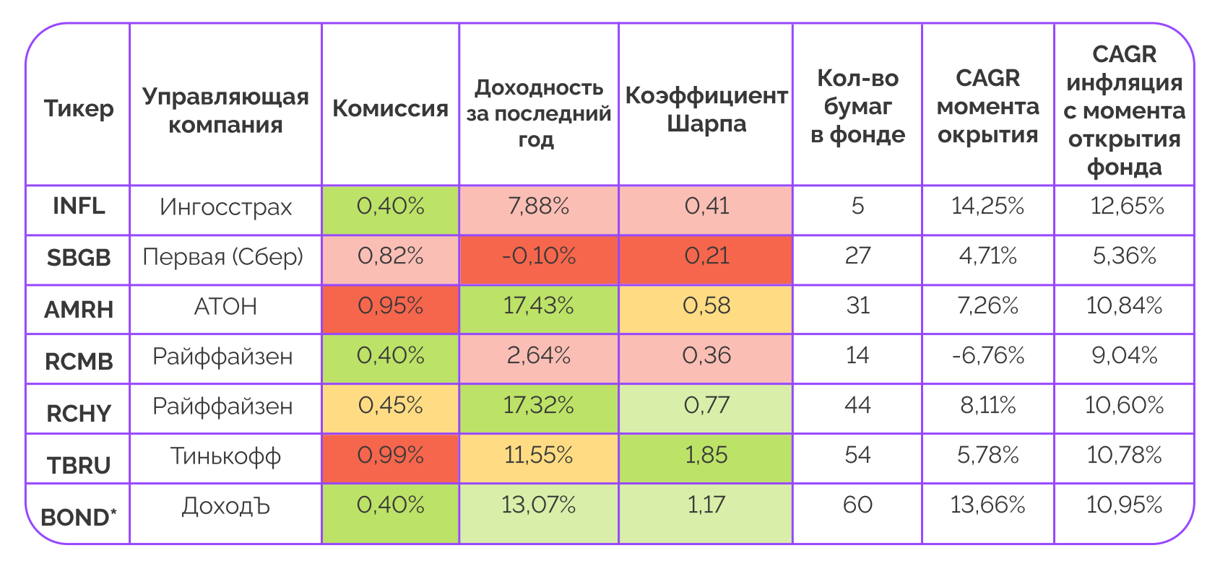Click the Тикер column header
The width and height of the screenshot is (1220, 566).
[79, 108]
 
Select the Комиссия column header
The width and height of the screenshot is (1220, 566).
[390, 108]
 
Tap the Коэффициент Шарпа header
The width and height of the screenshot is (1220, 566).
[706, 109]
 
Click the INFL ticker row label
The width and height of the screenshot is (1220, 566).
[79, 206]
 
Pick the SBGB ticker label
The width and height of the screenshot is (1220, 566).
[79, 258]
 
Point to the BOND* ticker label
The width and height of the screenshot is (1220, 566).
[79, 517]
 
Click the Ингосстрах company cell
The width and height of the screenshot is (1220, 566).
[225, 208]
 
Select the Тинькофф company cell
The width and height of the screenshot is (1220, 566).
[225, 456]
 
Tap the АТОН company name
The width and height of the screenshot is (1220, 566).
[225, 307]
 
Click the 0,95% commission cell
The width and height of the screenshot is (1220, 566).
[390, 306]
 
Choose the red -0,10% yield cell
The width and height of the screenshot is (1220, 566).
[539, 256]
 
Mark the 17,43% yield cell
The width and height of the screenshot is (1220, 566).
[539, 306]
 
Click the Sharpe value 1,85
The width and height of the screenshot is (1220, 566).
[706, 456]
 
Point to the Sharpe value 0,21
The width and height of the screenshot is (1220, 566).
[706, 256]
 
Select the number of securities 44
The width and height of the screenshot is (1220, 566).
[857, 406]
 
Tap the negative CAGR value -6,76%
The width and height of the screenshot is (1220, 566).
[987, 356]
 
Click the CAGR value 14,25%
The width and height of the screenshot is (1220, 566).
[987, 207]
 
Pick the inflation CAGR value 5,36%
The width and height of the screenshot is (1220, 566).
[1124, 256]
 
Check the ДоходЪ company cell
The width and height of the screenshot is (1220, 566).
[225, 506]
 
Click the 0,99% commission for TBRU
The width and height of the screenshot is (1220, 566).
[390, 456]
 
